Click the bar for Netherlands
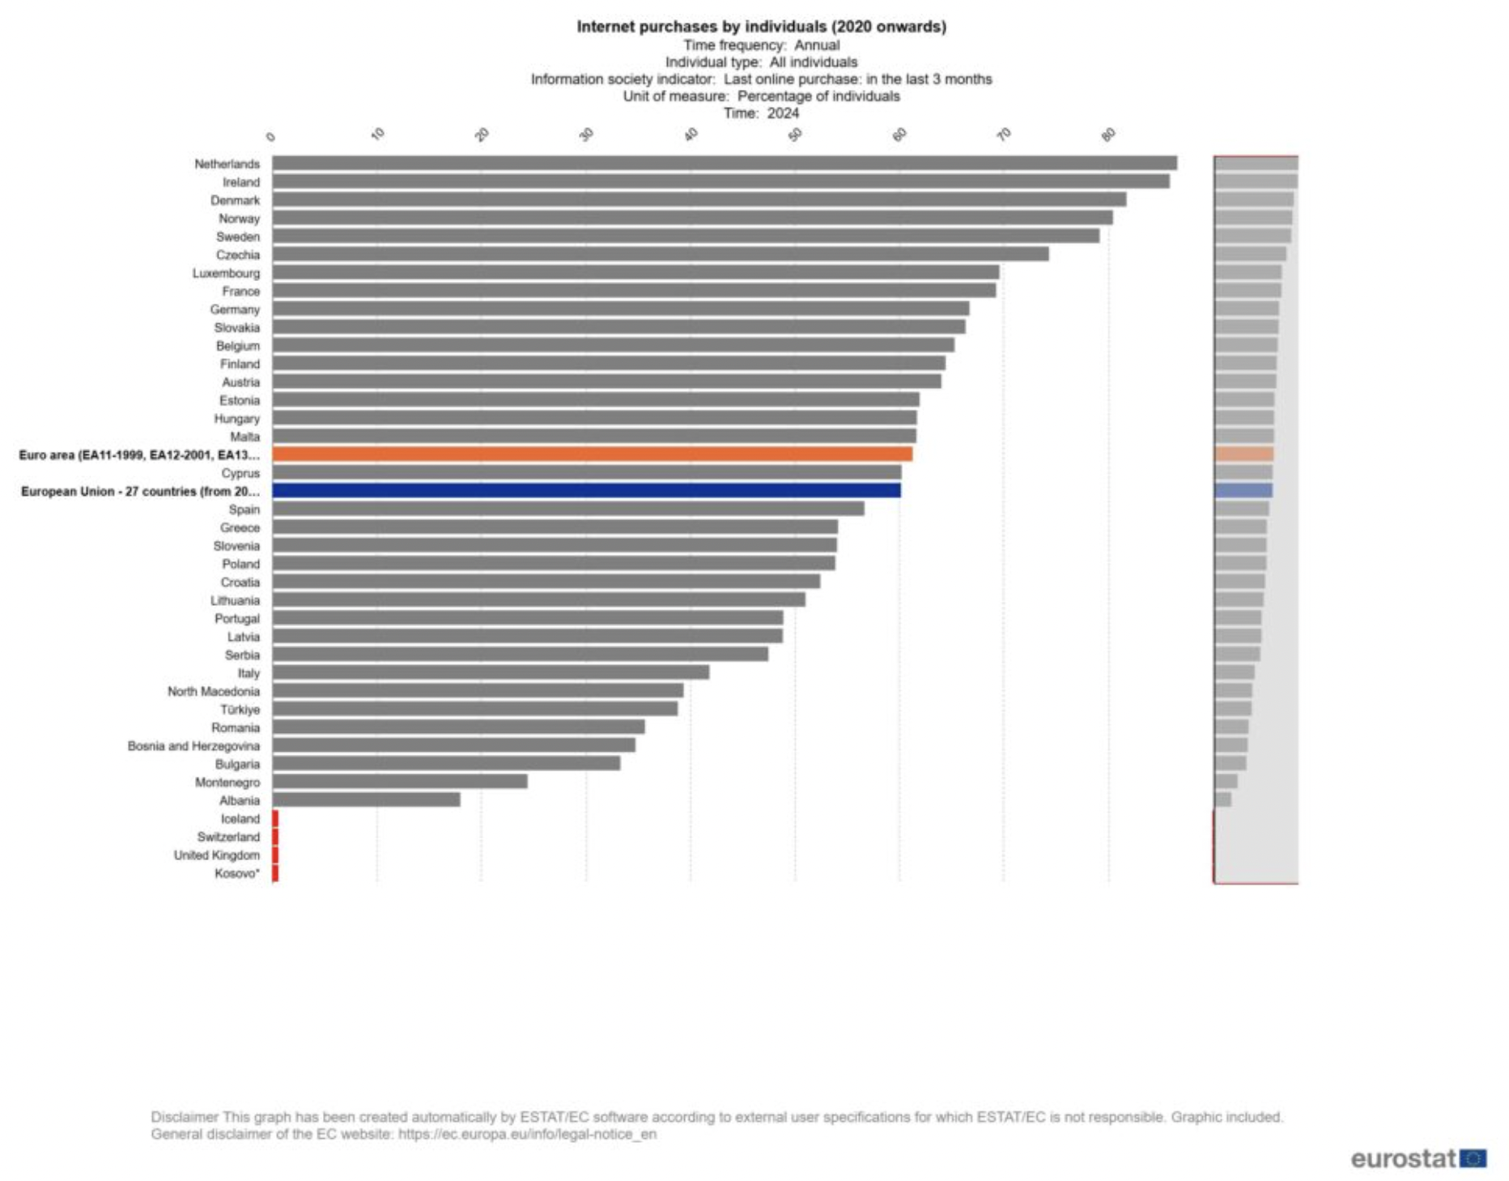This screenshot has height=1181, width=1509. pos(724,164)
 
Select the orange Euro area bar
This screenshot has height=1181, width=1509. pos(592,454)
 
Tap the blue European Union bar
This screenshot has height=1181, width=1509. pos(586,491)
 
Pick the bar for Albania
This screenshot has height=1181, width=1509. pos(366,800)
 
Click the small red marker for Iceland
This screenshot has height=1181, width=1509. pos(275,819)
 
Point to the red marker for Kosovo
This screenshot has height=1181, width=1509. pos(275,873)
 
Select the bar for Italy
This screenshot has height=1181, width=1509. pos(491,672)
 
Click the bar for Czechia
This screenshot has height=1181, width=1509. pos(660,254)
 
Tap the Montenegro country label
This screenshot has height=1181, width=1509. pos(227,782)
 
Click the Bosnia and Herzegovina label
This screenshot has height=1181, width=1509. pos(193,746)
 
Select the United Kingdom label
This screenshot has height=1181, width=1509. pos(216,855)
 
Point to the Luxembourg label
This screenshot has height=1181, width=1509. pos(226,273)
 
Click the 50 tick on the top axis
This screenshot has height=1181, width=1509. pos(795,134)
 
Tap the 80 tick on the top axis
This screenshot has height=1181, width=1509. pos(1108,134)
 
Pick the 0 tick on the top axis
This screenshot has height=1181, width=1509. pos(271,137)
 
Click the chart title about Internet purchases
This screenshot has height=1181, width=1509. pos(761,27)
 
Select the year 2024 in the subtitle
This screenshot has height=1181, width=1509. pos(783,113)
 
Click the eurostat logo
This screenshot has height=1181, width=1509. pos(1418,1158)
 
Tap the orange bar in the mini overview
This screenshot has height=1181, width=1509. pos(1243,454)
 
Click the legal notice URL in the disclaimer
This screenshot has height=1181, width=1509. pos(527,1134)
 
